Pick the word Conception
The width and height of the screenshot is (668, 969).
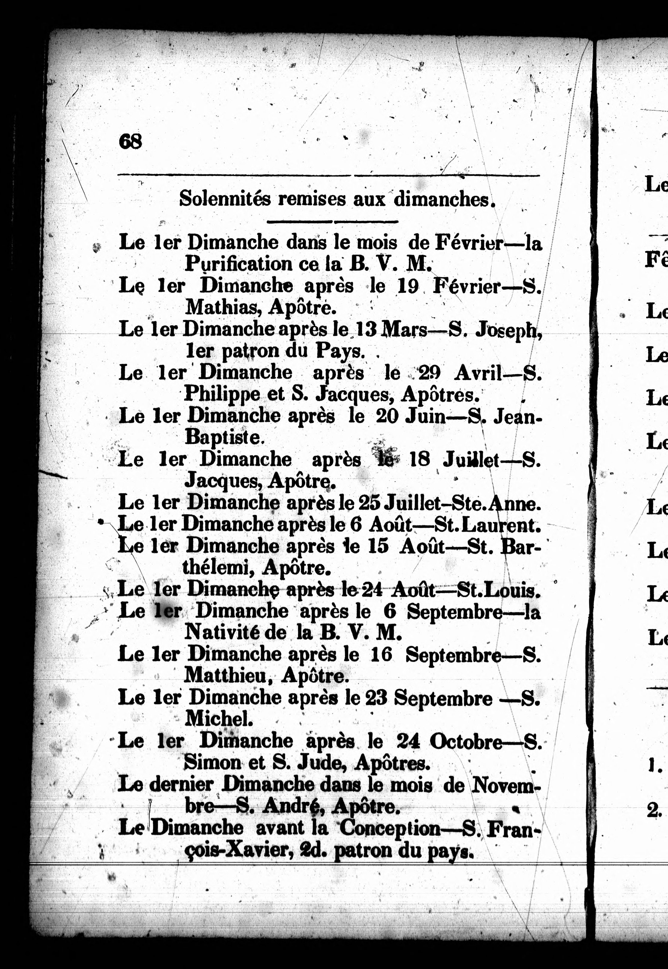click(390, 827)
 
